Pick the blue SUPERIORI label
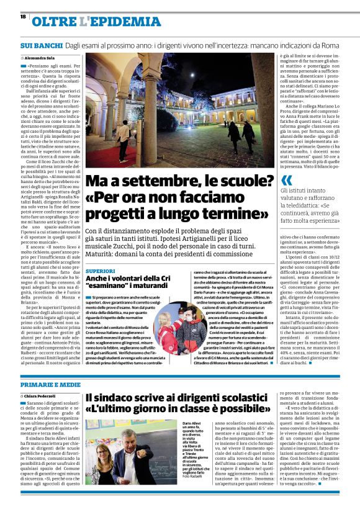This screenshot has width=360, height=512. tap(100, 272)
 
